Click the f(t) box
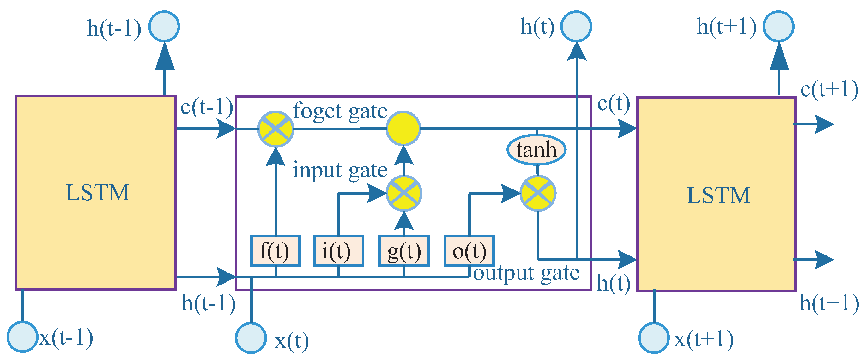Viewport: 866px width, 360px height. point(275,251)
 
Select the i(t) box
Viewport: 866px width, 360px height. point(338,251)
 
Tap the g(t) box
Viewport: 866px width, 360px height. point(404,251)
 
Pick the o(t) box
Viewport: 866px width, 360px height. point(469,251)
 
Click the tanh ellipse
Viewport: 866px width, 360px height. point(536,150)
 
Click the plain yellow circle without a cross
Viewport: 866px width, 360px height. point(403,129)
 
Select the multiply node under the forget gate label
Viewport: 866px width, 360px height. point(275,129)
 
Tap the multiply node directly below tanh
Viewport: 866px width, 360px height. point(538,193)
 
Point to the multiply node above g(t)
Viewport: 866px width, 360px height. point(404,193)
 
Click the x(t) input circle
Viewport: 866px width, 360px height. point(251,338)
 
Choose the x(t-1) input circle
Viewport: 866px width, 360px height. point(22,337)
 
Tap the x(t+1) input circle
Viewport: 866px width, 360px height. point(654,338)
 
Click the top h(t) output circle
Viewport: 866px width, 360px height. point(576,26)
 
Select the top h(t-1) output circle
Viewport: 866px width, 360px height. point(164,26)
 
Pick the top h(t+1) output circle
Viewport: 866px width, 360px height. point(778,26)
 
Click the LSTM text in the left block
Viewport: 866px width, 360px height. point(98,193)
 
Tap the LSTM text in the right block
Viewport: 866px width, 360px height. point(718,195)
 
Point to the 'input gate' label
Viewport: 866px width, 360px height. point(340,170)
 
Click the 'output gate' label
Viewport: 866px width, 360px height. point(526,273)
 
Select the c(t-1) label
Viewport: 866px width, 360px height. point(206,108)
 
